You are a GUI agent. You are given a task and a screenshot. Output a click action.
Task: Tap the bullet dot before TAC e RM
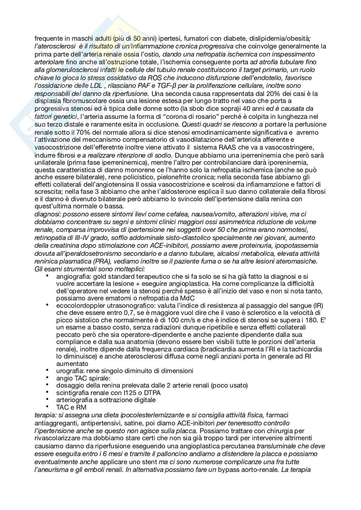(48, 407)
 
